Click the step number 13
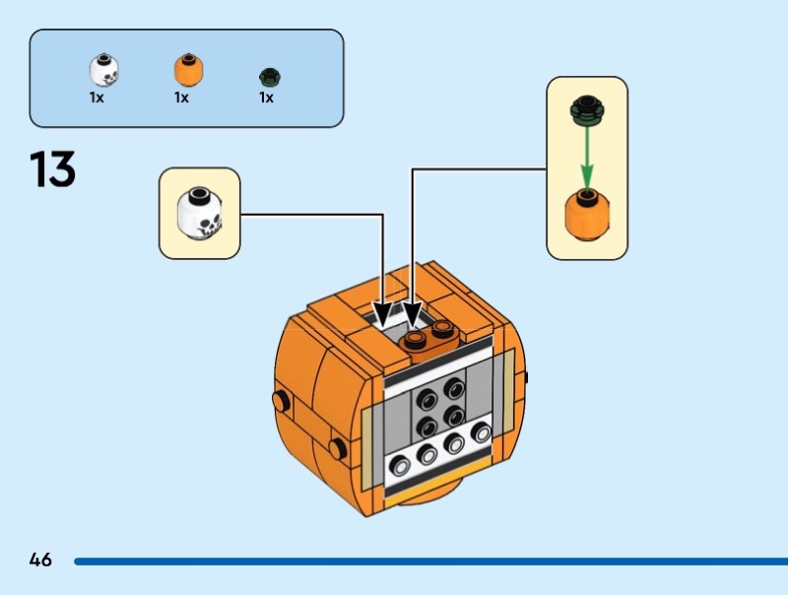click(53, 168)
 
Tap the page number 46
click(40, 561)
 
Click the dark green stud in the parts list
click(268, 75)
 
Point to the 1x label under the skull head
click(97, 99)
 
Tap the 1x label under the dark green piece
click(266, 99)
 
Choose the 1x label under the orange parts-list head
click(181, 99)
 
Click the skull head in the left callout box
click(200, 214)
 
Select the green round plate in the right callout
click(587, 109)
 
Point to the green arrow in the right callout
click(587, 158)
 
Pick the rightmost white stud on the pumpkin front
click(481, 433)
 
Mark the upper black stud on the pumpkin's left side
click(282, 400)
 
